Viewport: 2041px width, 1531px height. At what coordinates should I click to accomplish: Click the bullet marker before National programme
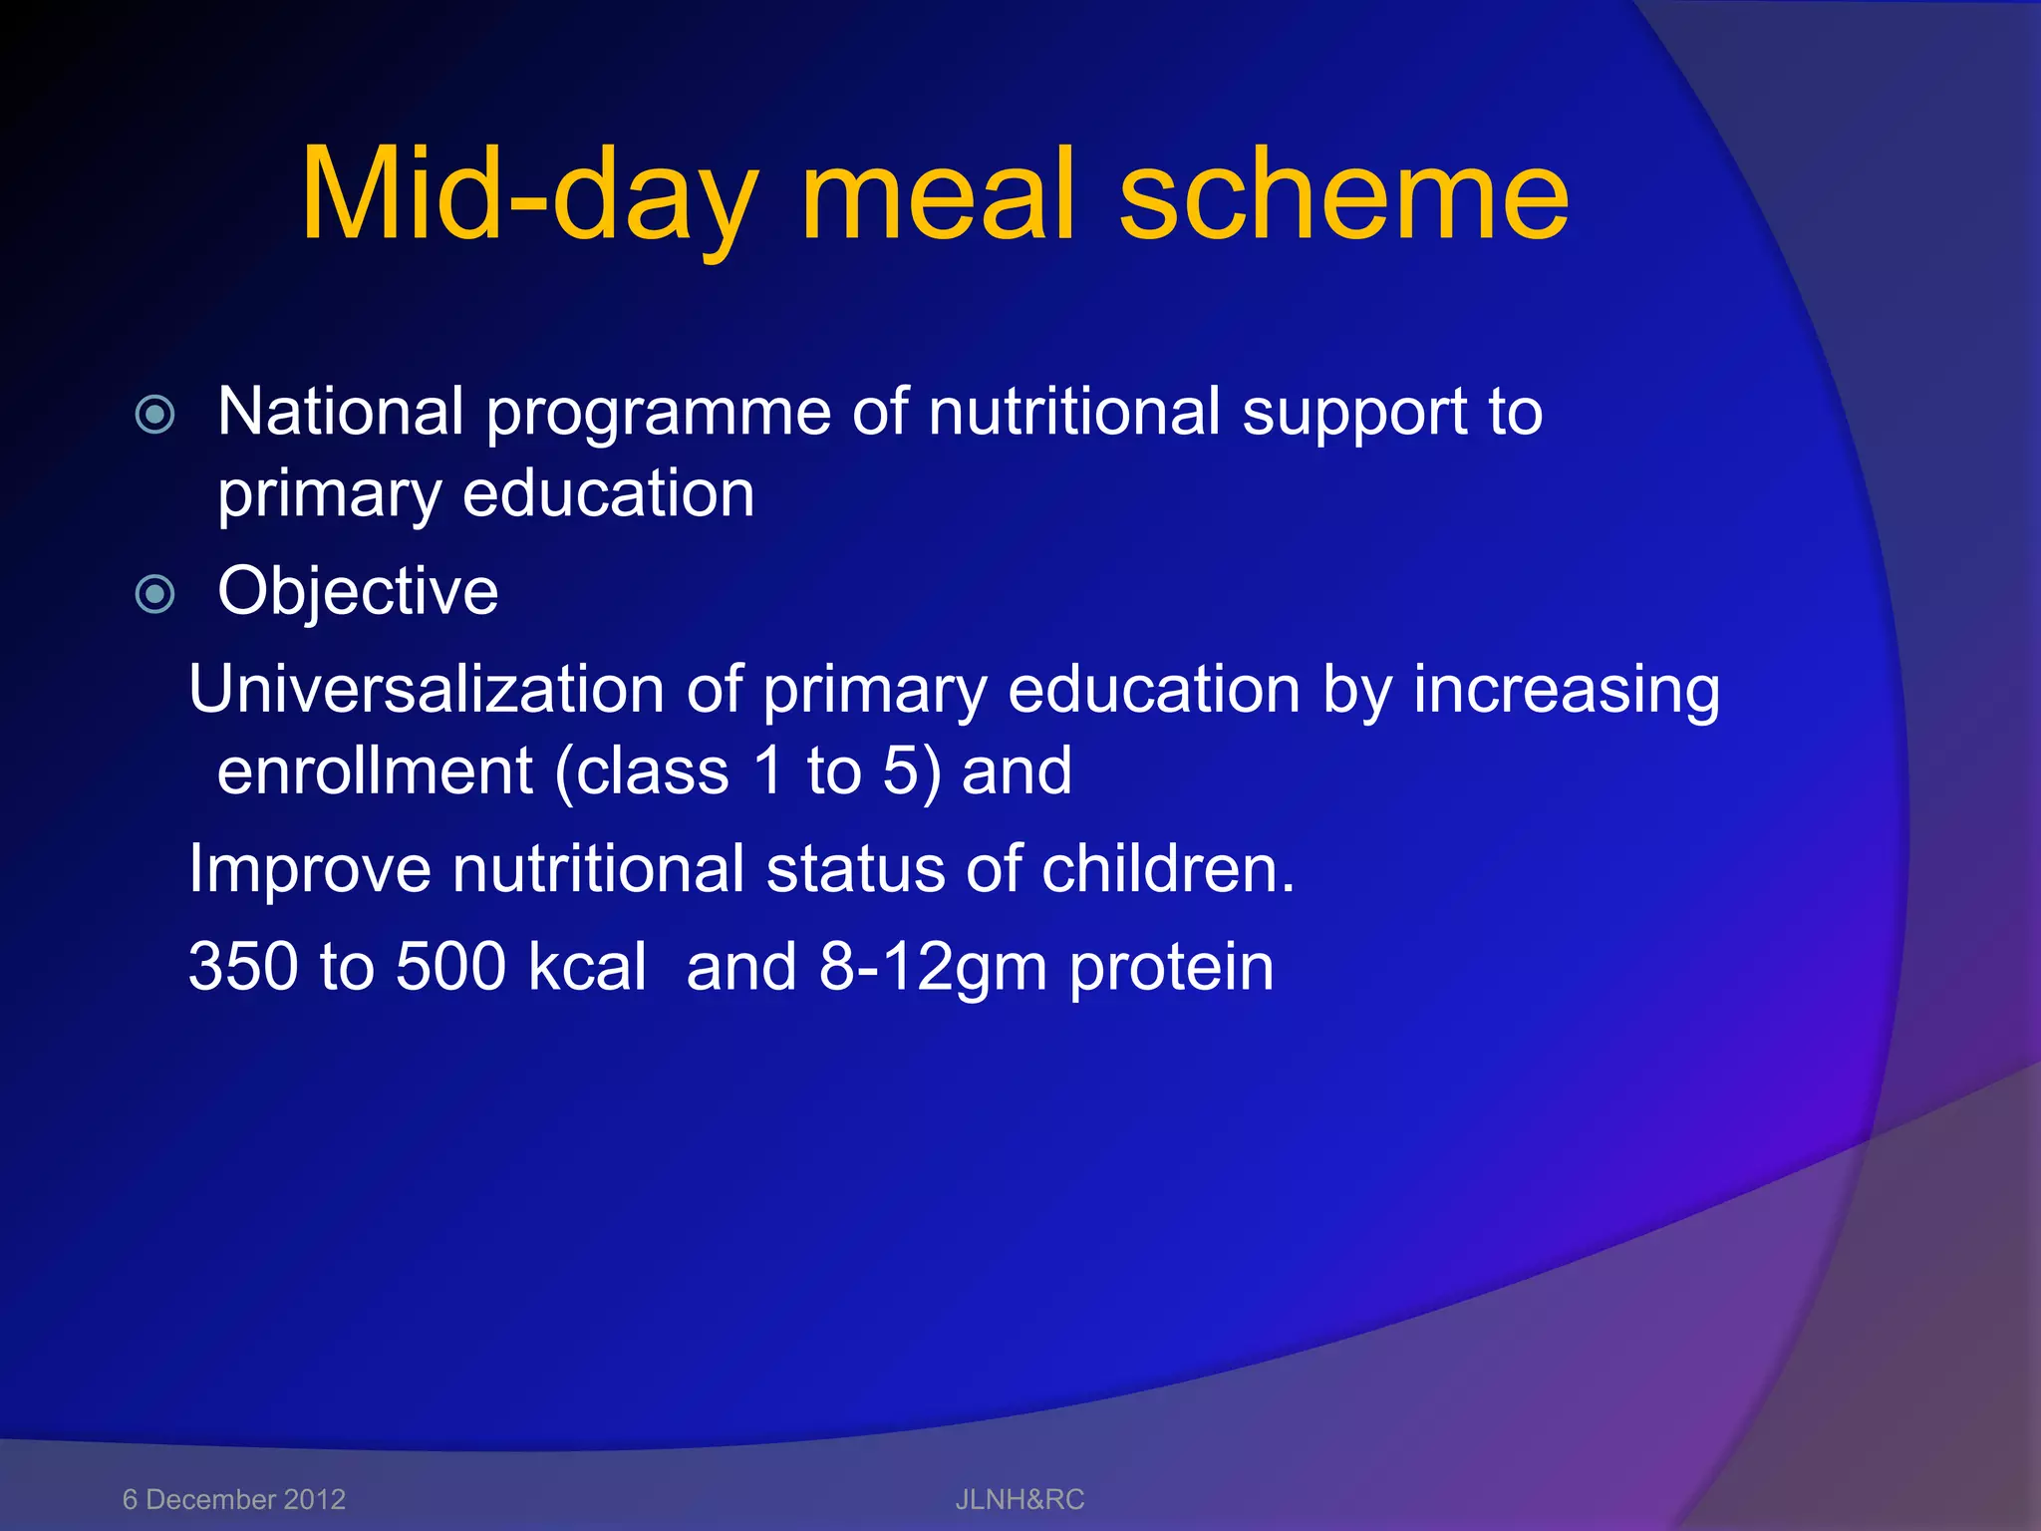pyautogui.click(x=155, y=414)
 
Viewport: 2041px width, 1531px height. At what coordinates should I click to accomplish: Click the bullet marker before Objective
pyautogui.click(x=155, y=595)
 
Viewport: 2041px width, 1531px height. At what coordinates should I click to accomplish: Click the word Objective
pyautogui.click(x=358, y=592)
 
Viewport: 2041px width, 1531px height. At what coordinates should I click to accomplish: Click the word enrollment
pyautogui.click(x=375, y=771)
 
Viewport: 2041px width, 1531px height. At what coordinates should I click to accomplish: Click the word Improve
pyautogui.click(x=309, y=869)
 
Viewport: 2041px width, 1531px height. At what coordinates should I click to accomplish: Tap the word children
pyautogui.click(x=1166, y=869)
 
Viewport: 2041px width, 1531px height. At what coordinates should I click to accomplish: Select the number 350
pyautogui.click(x=242, y=967)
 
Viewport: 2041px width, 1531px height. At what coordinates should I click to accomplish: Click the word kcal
pyautogui.click(x=587, y=967)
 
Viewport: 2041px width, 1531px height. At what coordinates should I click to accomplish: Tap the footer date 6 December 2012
pyautogui.click(x=233, y=1499)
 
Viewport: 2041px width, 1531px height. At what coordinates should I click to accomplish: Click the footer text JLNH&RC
pyautogui.click(x=1020, y=1499)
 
